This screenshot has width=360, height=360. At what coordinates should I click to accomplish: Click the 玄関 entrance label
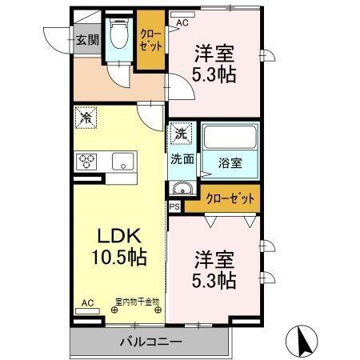click(x=86, y=38)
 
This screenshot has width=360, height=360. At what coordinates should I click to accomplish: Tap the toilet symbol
click(x=120, y=35)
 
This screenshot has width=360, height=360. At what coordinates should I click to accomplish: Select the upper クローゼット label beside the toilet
click(x=149, y=40)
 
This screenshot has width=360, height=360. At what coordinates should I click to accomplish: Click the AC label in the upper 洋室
click(x=182, y=22)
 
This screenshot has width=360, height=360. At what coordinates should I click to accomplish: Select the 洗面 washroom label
click(x=182, y=158)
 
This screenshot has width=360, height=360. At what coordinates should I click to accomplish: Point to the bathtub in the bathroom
click(x=230, y=138)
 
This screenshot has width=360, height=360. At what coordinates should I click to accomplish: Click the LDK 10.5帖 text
click(x=120, y=247)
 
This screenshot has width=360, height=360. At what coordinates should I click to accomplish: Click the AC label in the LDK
click(x=86, y=303)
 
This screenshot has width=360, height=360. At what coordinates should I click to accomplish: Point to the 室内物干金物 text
click(x=137, y=302)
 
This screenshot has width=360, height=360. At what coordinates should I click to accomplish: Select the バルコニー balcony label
click(x=150, y=342)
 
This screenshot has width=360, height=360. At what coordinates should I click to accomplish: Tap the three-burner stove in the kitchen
click(x=86, y=161)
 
